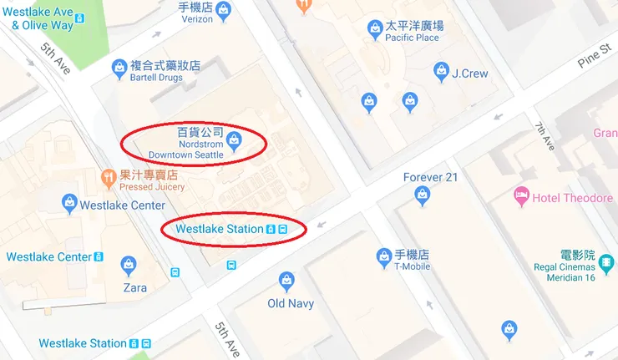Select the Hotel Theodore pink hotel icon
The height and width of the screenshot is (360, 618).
(x=521, y=197)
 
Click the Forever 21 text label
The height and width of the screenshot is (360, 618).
(x=430, y=177)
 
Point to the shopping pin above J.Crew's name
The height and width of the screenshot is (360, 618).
(x=441, y=73)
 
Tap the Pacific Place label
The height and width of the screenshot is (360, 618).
(x=412, y=38)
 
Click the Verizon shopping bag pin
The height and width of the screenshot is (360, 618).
(x=223, y=11)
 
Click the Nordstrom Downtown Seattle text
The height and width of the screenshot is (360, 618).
(x=185, y=149)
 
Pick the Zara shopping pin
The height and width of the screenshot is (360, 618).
(x=128, y=266)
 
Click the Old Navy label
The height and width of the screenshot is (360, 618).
(x=290, y=303)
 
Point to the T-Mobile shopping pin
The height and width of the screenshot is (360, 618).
(x=384, y=257)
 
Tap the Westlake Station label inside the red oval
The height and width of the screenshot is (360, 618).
(x=219, y=229)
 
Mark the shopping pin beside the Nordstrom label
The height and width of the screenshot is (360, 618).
(x=236, y=139)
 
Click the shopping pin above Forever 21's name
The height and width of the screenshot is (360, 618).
(x=423, y=195)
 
